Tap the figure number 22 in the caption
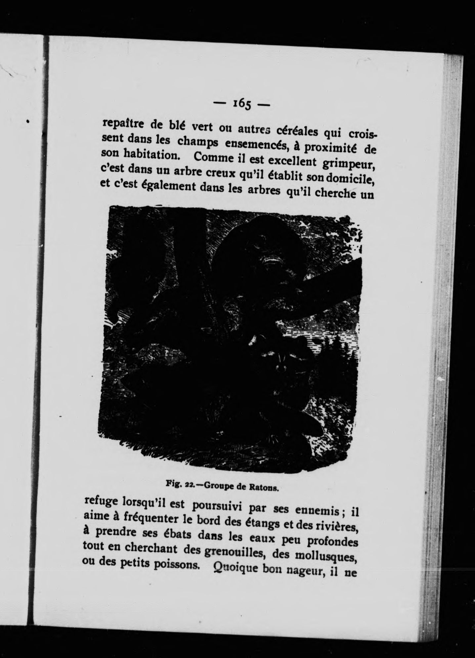(x=188, y=485)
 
